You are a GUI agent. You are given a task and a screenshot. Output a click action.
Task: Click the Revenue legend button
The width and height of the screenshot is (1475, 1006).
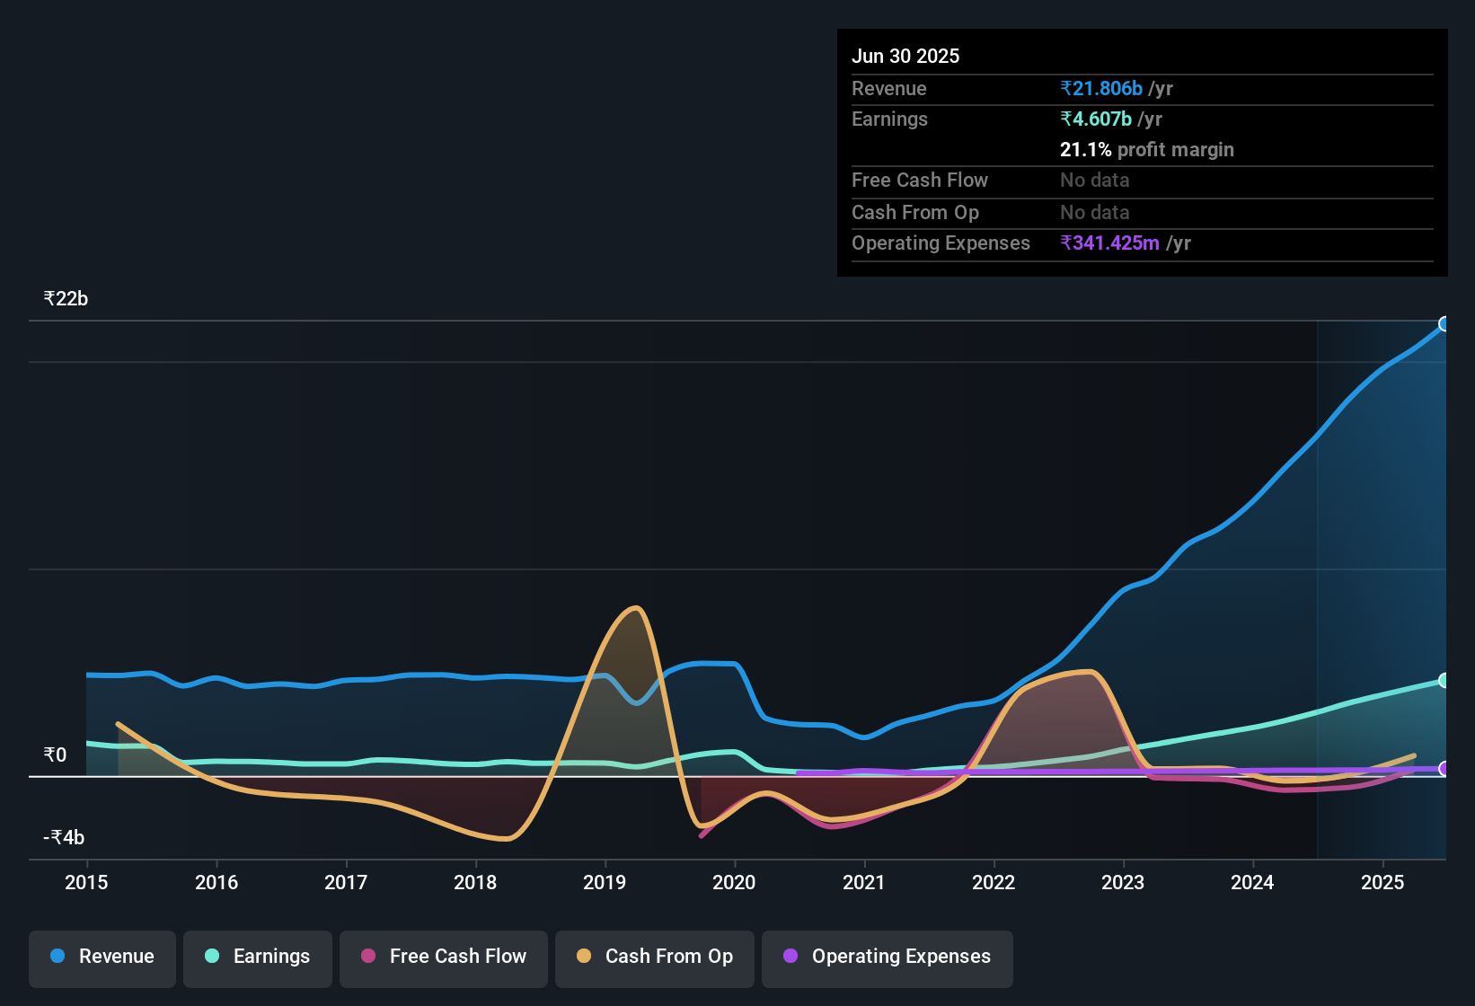(x=102, y=957)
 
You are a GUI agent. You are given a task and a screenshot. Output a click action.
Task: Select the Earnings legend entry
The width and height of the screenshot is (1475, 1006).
(x=258, y=957)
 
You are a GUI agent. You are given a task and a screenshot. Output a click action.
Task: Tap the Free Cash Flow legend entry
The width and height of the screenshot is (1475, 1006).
(x=444, y=957)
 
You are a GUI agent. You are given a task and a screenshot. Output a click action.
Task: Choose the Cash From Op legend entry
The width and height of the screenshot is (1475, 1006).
(x=655, y=957)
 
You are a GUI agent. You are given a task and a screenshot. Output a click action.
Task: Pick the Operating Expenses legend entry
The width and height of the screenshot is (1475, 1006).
(x=888, y=957)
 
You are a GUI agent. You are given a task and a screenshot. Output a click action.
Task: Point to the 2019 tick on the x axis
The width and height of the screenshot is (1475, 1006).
(x=605, y=882)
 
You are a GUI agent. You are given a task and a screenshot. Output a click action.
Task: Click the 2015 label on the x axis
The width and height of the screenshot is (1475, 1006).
(x=86, y=882)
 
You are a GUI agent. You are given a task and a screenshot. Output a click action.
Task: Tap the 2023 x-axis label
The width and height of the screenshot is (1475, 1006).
(x=1123, y=882)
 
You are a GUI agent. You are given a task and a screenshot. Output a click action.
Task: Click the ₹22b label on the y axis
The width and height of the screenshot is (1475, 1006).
(x=66, y=299)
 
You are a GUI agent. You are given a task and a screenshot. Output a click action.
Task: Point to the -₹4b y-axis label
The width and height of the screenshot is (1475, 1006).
(x=64, y=837)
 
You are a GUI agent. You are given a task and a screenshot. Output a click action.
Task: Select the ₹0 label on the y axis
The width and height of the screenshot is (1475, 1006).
(x=55, y=754)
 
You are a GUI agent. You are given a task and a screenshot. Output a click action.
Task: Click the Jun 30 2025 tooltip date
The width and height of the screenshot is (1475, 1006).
(x=905, y=56)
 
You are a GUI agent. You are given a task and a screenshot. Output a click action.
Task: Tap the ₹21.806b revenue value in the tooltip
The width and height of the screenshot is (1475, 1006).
(x=1101, y=88)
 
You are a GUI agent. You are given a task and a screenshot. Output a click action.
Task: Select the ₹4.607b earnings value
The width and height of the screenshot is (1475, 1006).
(x=1096, y=119)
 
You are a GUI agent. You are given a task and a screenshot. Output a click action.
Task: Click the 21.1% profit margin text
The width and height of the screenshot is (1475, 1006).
(x=1146, y=149)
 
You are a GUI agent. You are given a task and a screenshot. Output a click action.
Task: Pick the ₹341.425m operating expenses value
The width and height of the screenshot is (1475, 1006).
(x=1109, y=243)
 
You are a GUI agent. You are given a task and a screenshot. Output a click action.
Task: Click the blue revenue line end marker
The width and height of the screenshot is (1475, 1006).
(x=1444, y=324)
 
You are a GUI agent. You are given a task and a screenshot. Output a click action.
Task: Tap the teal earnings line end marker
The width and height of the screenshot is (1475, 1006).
(x=1444, y=681)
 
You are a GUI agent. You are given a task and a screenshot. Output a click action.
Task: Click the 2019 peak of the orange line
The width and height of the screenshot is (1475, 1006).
(x=636, y=608)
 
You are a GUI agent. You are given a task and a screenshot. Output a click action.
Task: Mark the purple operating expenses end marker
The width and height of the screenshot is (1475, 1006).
(x=1444, y=769)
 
